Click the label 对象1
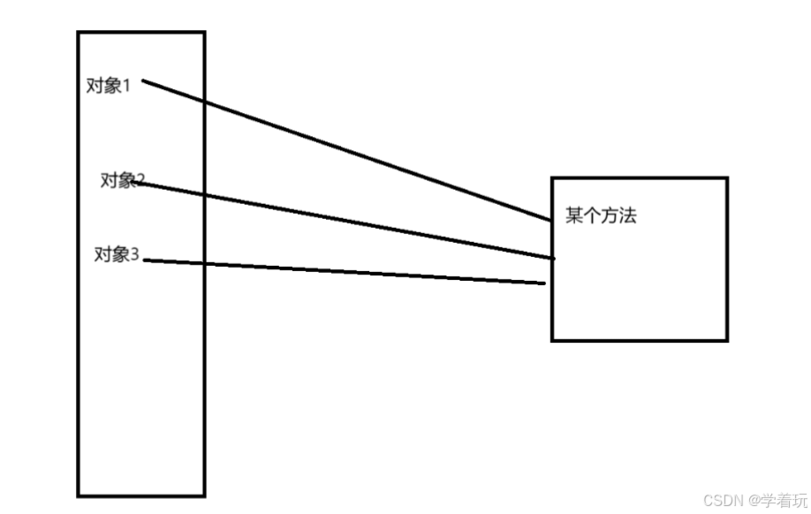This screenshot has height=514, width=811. (108, 87)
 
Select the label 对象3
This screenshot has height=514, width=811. (117, 255)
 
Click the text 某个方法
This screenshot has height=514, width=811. (601, 216)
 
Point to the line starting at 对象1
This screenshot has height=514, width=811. (345, 149)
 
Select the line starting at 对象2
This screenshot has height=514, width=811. (345, 220)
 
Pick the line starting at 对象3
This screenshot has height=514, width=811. (345, 272)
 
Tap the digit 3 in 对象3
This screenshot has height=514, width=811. (135, 255)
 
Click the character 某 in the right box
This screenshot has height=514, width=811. (574, 216)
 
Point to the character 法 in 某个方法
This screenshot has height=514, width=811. (627, 216)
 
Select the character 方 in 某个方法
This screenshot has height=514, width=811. (610, 216)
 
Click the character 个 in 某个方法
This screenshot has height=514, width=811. (592, 216)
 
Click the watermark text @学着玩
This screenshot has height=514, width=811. (775, 501)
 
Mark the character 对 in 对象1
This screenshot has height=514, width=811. (94, 87)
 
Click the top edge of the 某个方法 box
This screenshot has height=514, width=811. (640, 178)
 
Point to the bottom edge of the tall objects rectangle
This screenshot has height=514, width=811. (141, 495)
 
